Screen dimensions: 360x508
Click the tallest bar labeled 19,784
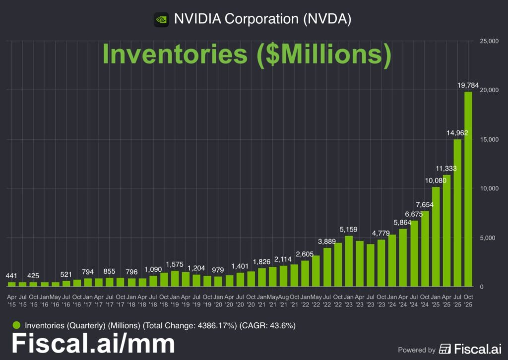468,189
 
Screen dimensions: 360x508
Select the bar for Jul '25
457,213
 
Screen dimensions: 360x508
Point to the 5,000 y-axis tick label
489,238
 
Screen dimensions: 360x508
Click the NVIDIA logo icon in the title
161,19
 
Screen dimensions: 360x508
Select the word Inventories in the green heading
175,54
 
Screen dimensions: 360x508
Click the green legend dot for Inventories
16,326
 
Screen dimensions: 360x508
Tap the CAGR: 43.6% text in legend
267,326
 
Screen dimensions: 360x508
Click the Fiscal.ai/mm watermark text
93,344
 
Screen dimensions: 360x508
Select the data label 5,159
349,230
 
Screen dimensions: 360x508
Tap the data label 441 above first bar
11,276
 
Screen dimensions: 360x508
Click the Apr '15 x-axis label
11,300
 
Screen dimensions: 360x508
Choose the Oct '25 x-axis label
468,300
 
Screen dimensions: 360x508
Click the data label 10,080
436,180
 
